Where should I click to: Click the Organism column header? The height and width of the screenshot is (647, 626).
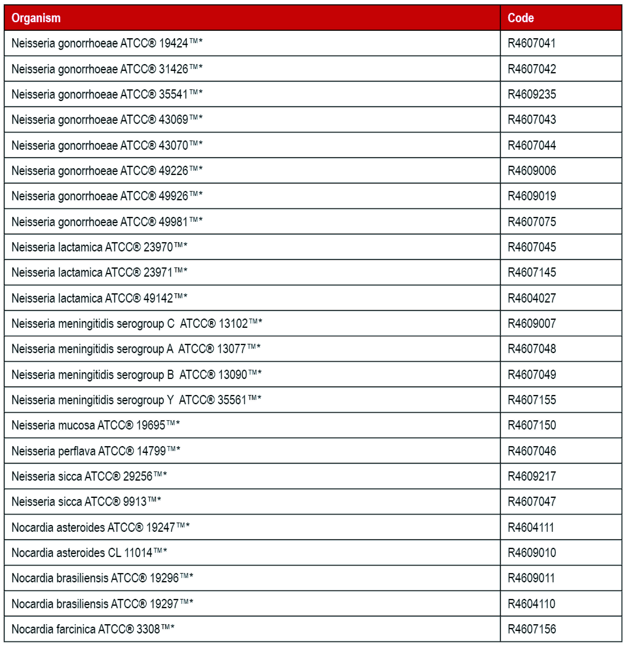coord(36,18)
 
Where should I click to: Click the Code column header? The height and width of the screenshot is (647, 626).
coord(520,18)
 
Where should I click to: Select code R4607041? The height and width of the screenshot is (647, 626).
coord(531,43)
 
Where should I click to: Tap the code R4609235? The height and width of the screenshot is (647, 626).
coord(531,94)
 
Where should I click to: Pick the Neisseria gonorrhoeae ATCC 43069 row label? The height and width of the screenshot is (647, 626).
coord(107,120)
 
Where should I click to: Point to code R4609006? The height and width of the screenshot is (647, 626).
coord(531,171)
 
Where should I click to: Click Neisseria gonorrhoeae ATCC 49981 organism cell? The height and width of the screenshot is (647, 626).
coord(107,222)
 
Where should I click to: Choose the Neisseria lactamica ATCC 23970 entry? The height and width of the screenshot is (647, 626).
coord(99,247)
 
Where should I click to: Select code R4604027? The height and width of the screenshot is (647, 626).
coord(531,298)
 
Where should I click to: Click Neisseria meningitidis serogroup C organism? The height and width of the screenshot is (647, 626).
coord(136,323)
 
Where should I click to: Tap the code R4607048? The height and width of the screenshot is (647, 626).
coord(531,349)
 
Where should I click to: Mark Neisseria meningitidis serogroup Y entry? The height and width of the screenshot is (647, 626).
coord(136,400)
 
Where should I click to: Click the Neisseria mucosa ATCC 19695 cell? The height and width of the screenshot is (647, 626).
coord(96,425)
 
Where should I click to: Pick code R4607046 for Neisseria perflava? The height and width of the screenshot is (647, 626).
coord(531,451)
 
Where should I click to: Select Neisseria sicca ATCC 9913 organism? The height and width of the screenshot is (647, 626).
coord(86,502)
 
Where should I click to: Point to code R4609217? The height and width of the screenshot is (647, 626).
coord(531,476)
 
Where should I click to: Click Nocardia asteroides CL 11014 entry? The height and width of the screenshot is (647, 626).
coord(89,553)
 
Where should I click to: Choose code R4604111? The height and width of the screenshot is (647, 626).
coord(530,527)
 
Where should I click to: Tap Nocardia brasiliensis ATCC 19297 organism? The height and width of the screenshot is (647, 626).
coord(102,604)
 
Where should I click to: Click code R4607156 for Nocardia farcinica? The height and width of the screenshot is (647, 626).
coord(531,629)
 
